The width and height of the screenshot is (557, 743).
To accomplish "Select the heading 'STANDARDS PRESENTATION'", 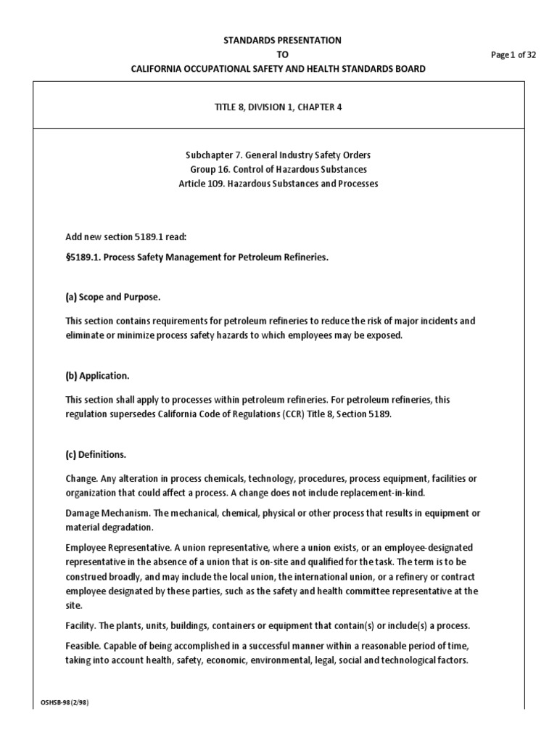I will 278,41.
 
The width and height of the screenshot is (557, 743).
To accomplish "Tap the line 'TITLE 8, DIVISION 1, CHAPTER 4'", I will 278,107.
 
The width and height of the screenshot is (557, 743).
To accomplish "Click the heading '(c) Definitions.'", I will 96,455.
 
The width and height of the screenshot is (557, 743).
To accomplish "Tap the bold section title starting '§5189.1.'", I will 197,258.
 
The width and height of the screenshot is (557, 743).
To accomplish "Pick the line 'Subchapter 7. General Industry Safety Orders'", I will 278,156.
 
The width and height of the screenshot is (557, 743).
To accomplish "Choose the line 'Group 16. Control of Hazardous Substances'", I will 278,170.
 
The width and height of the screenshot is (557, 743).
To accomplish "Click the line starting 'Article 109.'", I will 278,184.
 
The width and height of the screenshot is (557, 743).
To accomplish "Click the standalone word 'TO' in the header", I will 278,54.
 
